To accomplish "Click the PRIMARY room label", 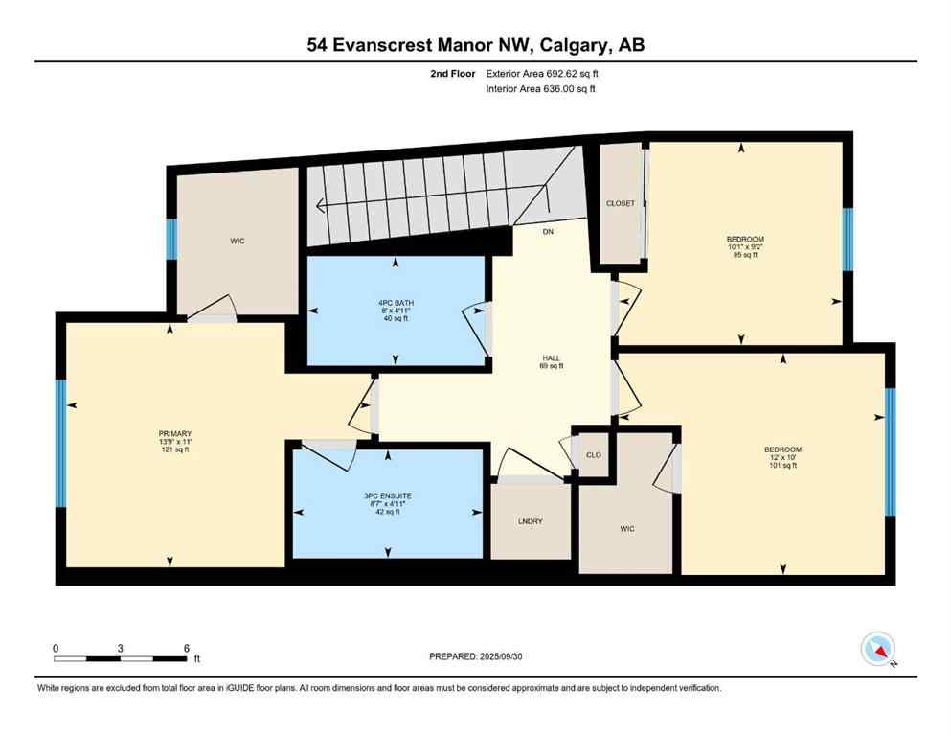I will coord(175,433).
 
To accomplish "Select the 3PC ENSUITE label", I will coord(387,495).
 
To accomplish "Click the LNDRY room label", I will coord(530,520).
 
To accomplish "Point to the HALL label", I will coord(551,356).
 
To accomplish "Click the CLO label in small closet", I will coord(593,454).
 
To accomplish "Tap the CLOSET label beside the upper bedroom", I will coord(621,203).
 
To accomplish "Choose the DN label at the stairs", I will coord(548,231).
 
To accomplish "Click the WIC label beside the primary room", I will coord(238,241).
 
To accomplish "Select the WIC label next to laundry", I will coord(627,528).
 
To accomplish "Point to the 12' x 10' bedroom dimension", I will coord(782,458).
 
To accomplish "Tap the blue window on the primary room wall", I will coord(61,443).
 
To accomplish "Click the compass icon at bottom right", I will coord(877,650).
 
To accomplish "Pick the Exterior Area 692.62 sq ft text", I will coord(544,73).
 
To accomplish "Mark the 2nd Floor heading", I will coord(451,73).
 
